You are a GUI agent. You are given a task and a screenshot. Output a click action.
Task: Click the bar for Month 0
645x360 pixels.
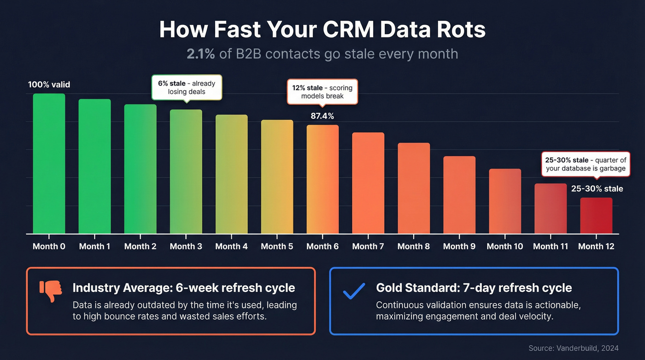[49, 164]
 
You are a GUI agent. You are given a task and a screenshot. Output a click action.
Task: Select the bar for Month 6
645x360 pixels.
[322, 179]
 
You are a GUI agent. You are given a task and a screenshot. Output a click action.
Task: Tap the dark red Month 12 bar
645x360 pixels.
[596, 215]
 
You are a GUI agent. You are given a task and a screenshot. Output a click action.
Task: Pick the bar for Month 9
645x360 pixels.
[459, 195]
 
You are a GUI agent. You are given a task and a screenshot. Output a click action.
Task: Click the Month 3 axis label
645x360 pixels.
[186, 247]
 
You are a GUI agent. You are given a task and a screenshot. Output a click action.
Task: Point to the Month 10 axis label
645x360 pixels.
[505, 247]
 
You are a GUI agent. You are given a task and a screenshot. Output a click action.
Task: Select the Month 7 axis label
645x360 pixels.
[368, 247]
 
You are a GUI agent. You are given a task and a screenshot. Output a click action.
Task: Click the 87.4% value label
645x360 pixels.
[322, 116]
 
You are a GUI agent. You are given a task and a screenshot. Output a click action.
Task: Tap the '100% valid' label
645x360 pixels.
[49, 85]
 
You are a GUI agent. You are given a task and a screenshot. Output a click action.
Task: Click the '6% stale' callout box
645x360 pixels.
[187, 88]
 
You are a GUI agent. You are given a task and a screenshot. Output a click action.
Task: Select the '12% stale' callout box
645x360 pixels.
[322, 92]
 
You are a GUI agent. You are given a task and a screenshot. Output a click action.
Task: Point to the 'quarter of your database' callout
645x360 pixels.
[586, 164]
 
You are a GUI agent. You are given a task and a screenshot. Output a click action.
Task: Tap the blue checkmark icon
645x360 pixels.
[354, 291]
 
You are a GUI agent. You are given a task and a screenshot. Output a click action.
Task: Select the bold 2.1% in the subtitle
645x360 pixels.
[201, 54]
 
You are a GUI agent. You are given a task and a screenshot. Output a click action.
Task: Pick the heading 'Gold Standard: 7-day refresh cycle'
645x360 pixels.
[474, 288]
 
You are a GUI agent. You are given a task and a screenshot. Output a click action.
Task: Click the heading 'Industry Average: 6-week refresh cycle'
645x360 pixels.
[184, 288]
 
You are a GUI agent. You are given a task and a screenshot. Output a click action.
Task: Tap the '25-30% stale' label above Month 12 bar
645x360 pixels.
[597, 189]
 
